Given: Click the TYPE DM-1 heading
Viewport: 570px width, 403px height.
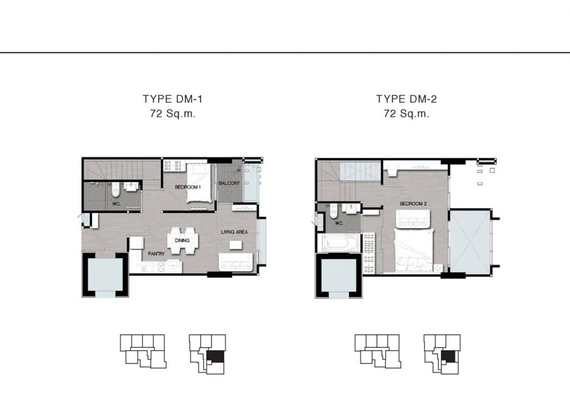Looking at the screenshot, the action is [x=173, y=99].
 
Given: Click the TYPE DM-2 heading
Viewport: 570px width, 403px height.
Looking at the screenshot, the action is [x=406, y=99].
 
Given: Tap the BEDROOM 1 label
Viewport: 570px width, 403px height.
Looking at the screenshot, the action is [x=188, y=187].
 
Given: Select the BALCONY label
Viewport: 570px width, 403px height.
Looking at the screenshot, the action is [x=229, y=183].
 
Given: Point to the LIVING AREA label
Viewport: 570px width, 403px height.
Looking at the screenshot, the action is [x=234, y=232].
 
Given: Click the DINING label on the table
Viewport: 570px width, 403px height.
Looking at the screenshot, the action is [x=182, y=240].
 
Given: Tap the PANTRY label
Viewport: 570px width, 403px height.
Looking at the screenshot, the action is [x=156, y=254].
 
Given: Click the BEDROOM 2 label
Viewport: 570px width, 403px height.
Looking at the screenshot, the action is [x=414, y=204].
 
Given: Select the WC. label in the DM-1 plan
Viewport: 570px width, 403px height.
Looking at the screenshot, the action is [x=116, y=204].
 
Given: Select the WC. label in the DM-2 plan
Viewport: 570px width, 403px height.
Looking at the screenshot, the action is [x=339, y=223].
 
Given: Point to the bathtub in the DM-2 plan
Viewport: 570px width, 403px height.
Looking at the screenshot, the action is [x=338, y=243].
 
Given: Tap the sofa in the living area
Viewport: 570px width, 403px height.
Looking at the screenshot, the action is [x=235, y=262].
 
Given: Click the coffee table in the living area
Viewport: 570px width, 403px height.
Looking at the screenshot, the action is [x=235, y=245].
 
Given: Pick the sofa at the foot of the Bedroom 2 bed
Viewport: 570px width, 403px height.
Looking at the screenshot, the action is [x=414, y=219].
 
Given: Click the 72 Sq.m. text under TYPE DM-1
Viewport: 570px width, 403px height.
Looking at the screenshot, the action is [x=173, y=114].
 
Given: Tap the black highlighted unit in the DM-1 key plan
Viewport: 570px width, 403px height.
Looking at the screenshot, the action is [x=214, y=356].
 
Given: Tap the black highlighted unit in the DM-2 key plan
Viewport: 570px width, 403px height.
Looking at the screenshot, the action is [x=448, y=356].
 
